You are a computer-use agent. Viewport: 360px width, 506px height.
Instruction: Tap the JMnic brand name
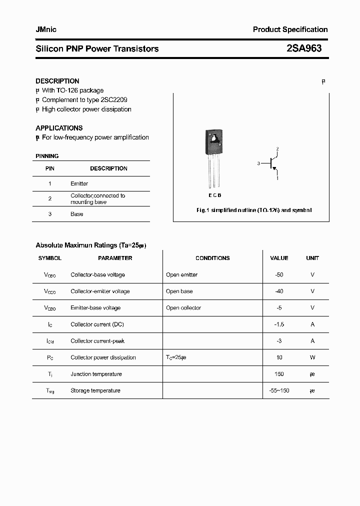click(x=46, y=29)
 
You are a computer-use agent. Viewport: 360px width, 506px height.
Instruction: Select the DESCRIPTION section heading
click(x=57, y=81)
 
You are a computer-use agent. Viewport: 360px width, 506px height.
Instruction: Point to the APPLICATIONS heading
click(x=59, y=128)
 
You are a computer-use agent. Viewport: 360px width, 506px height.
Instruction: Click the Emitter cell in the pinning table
click(x=79, y=183)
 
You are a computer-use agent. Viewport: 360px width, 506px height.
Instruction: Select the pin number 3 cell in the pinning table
click(x=50, y=214)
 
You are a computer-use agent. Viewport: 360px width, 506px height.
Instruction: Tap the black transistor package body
click(x=213, y=141)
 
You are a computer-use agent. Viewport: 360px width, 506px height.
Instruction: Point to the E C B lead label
click(x=214, y=195)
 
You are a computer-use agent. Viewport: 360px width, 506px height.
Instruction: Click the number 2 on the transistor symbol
click(x=277, y=149)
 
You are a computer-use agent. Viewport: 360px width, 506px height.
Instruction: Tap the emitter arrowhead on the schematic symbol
click(x=274, y=168)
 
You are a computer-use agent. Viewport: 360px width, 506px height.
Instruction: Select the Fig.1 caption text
click(x=254, y=210)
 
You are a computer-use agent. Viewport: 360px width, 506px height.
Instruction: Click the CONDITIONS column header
click(x=212, y=258)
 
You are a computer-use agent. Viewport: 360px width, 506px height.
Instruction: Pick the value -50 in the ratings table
click(x=279, y=274)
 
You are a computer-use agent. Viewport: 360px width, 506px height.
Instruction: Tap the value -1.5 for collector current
click(x=279, y=324)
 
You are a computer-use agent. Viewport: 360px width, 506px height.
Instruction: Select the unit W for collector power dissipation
click(x=312, y=357)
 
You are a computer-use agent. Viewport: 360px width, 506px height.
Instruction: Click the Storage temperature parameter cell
click(x=95, y=390)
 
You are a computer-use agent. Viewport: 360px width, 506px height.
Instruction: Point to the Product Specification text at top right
click(x=290, y=29)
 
